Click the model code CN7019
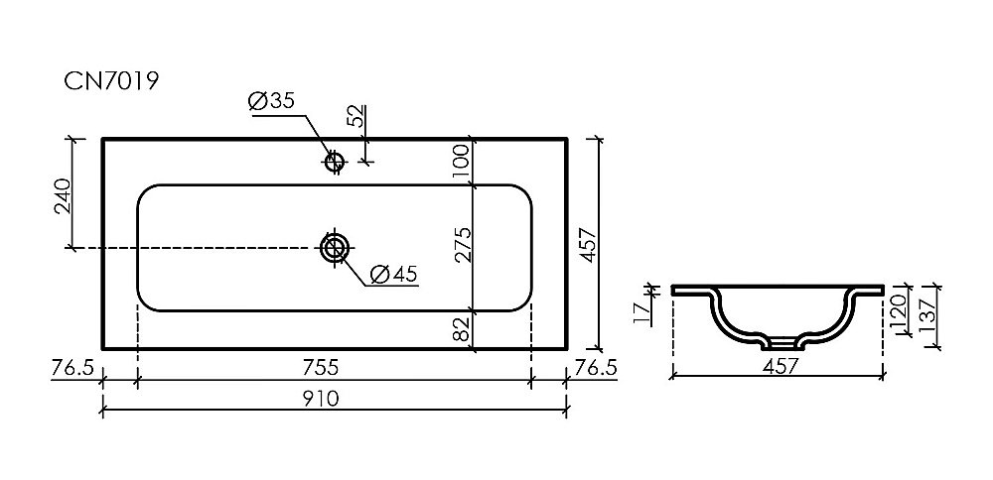(111, 81)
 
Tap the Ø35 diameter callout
(272, 101)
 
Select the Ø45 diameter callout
(392, 274)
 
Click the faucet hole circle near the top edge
(334, 162)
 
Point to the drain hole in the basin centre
(334, 247)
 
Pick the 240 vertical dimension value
(62, 196)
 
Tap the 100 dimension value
(461, 162)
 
